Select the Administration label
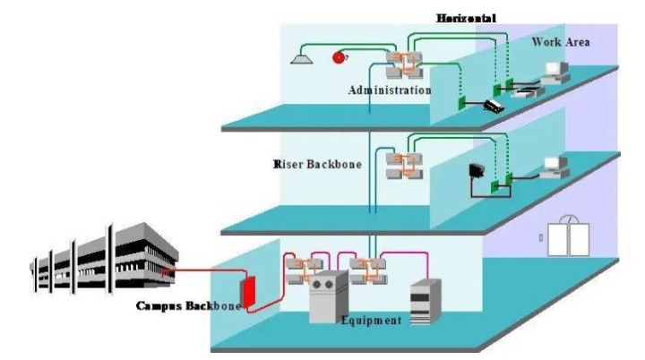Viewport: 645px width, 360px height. [x=391, y=90]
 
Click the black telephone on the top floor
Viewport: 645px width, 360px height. [x=494, y=105]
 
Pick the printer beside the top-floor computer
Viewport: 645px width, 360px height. [x=529, y=89]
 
